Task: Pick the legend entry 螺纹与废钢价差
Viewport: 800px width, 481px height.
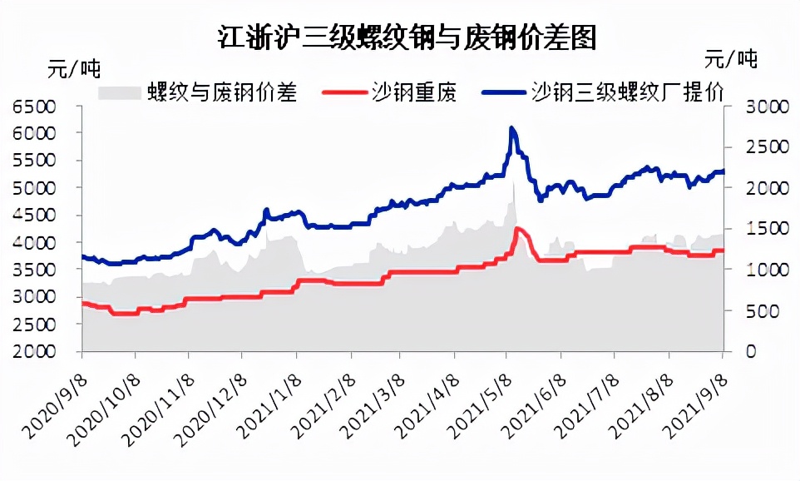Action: [x=222, y=92]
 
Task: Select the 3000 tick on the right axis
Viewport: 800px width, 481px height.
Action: [x=754, y=107]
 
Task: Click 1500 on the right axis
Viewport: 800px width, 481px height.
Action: [x=754, y=229]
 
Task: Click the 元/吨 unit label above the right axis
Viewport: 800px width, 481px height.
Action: [x=731, y=58]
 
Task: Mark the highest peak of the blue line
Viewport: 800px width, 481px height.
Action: [x=511, y=128]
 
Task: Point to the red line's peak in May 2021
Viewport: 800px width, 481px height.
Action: [x=517, y=228]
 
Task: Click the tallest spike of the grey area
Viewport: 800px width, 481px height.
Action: [x=513, y=184]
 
